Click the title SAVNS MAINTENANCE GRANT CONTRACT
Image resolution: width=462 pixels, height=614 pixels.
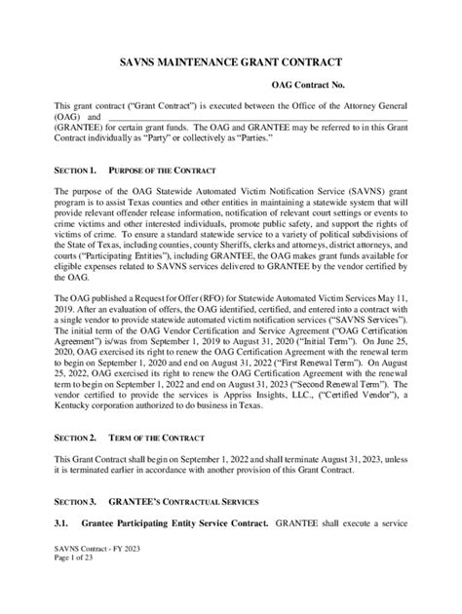230,58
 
